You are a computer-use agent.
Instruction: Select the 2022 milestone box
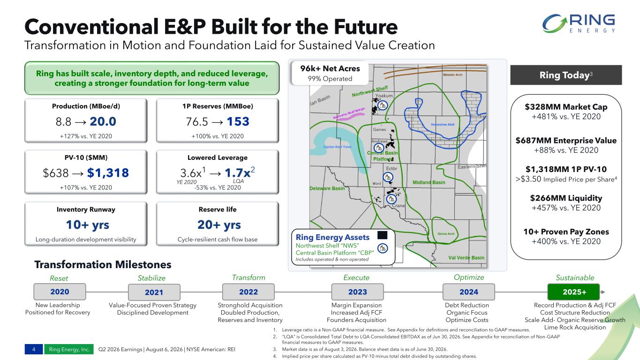[248, 292]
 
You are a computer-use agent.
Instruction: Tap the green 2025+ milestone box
[573, 292]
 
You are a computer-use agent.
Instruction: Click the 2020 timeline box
[60, 292]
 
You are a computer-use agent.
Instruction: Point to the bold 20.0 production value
[103, 121]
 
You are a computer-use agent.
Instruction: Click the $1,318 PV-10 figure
[108, 173]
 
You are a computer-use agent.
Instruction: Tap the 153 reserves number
[238, 121]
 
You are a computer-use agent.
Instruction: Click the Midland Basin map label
[429, 182]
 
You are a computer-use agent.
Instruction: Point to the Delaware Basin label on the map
[327, 188]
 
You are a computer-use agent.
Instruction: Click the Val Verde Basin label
[466, 258]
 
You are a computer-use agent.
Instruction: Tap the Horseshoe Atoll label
[443, 125]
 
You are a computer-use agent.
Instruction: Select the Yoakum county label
[384, 96]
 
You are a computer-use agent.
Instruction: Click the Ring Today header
[566, 75]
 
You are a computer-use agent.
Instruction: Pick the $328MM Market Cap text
[566, 107]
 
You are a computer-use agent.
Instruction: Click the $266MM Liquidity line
[566, 198]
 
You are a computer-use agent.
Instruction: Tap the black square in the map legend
[382, 235]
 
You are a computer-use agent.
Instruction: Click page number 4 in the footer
[34, 349]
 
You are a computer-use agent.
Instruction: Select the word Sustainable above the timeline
[575, 277]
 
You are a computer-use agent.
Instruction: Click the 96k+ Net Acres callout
[330, 73]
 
